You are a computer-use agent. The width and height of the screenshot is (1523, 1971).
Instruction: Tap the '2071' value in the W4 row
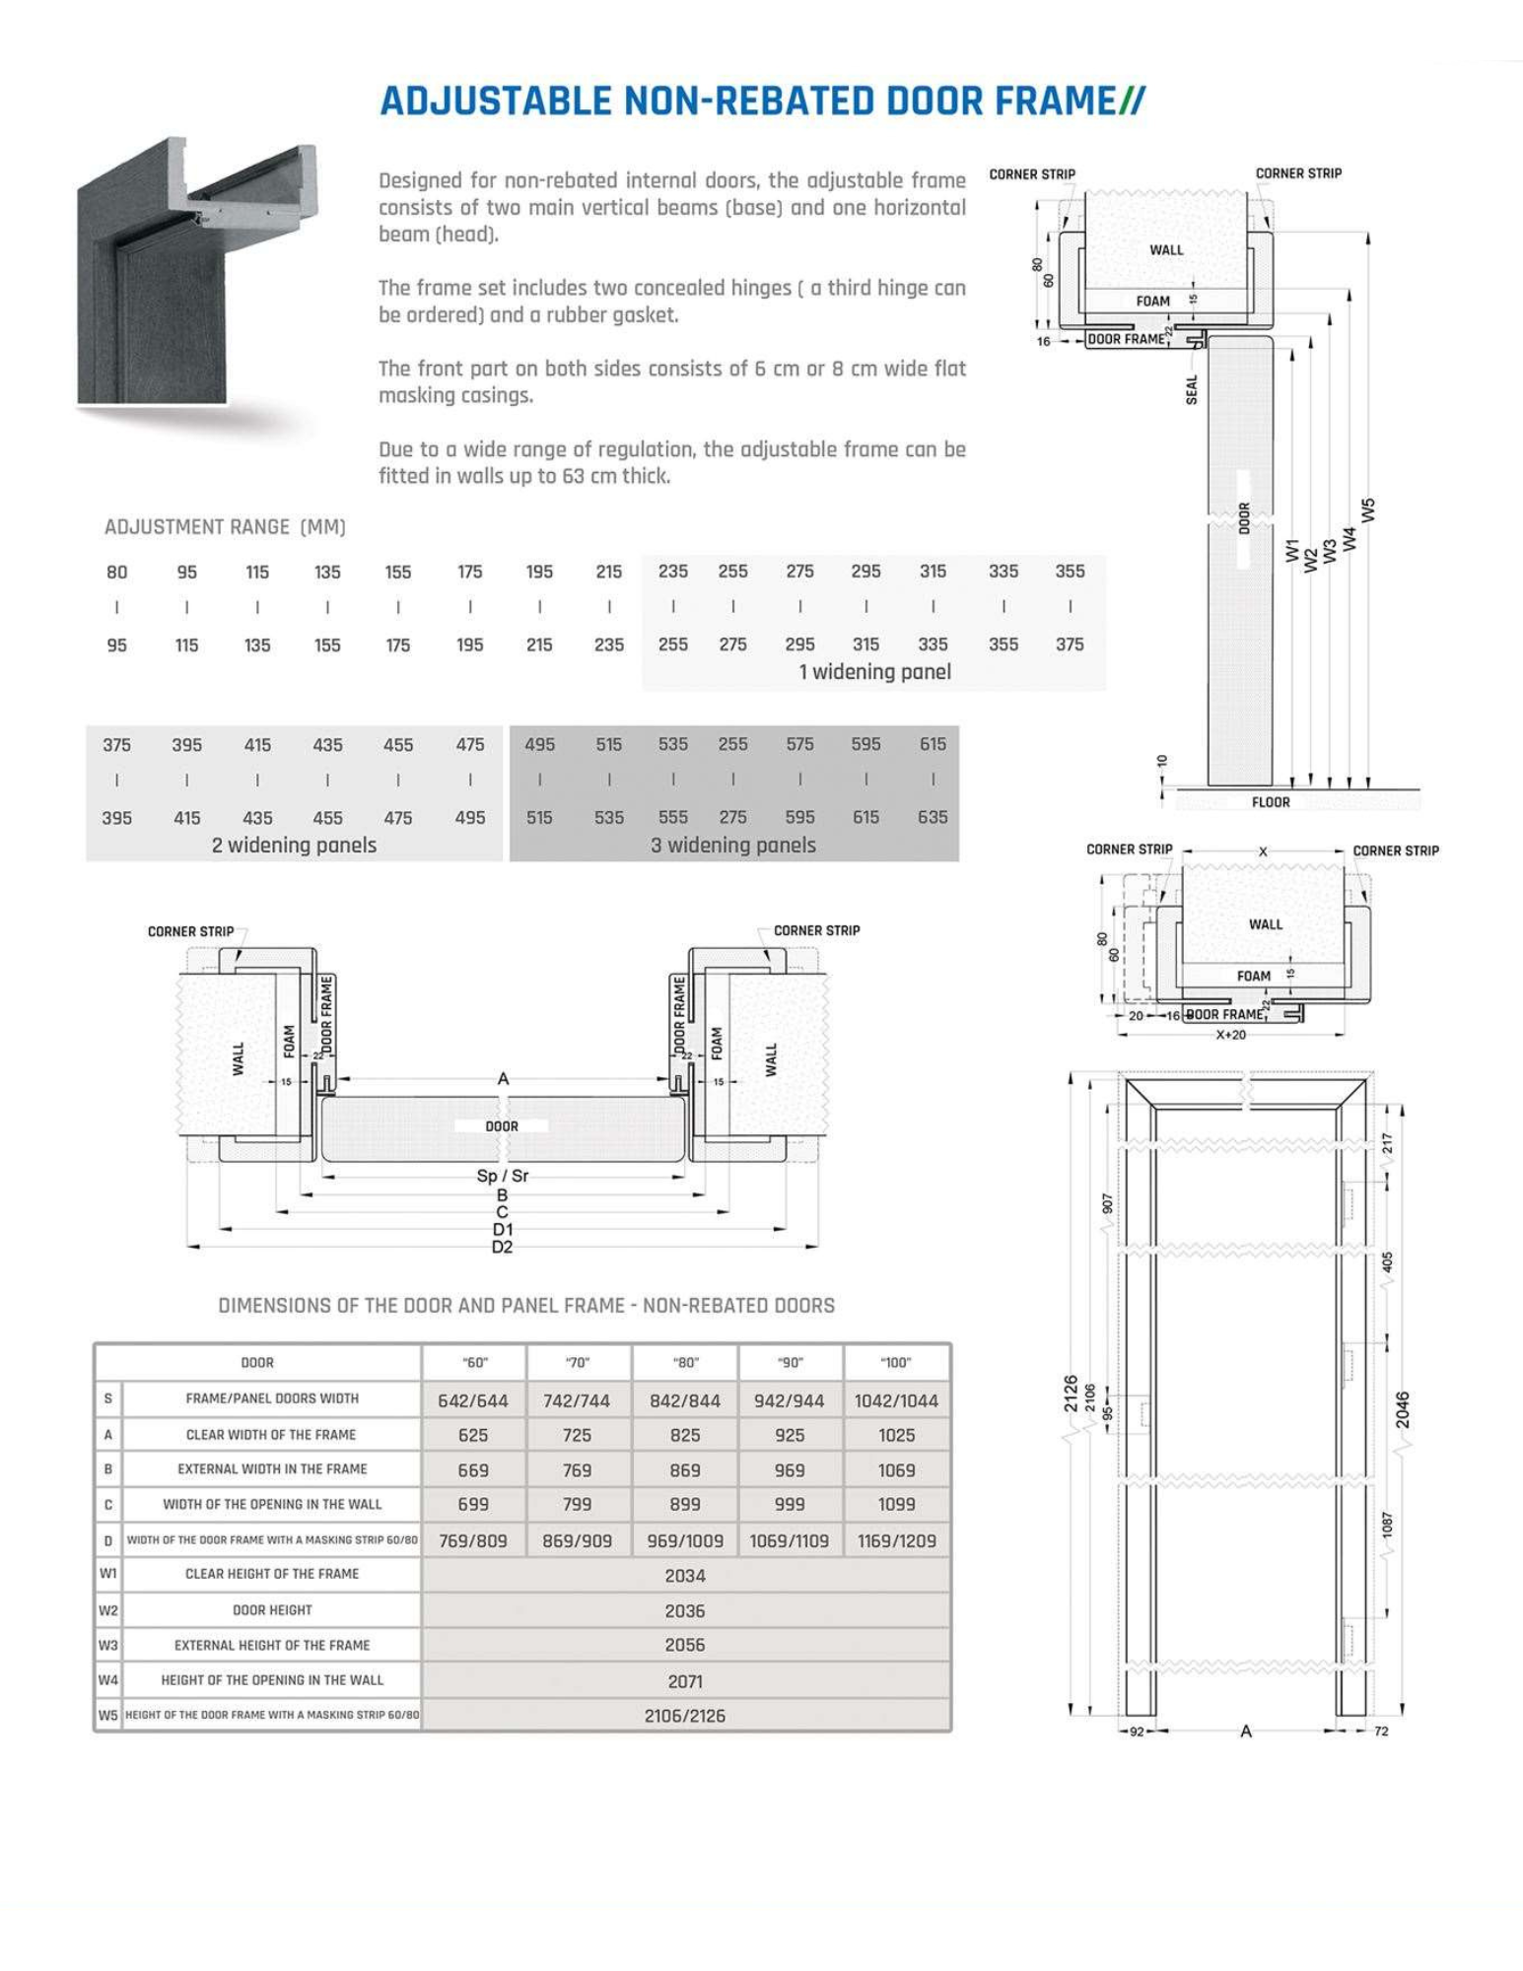pos(684,1681)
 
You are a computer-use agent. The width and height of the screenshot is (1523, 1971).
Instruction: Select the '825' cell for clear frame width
pos(684,1436)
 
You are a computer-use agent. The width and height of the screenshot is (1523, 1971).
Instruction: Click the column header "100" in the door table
pos(896,1363)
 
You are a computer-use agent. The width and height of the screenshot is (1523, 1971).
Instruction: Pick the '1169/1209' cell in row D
pos(896,1540)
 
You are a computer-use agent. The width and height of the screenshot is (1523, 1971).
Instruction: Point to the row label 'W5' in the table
pos(107,1716)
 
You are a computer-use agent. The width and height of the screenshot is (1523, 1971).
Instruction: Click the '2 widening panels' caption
pos(294,846)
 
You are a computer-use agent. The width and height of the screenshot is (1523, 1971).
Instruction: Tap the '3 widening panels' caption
pos(732,846)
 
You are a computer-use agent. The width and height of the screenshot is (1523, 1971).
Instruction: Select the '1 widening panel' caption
pos(874,672)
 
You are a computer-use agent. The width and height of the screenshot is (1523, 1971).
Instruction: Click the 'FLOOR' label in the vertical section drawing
pos(1271,802)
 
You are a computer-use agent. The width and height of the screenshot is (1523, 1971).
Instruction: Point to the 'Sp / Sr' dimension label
pos(503,1176)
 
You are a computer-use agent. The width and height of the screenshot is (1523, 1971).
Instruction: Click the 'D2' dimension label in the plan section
pos(503,1248)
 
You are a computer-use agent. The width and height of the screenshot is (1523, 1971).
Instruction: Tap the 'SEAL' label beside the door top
pos(1192,389)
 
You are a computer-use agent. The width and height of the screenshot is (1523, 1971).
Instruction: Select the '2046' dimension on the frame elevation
pos(1403,1409)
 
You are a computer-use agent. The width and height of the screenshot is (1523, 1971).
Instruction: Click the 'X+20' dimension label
pos(1230,1035)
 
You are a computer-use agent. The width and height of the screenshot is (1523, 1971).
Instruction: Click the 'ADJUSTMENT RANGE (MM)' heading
pos(225,527)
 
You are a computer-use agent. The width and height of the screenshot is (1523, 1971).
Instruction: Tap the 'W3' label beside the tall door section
pos(1330,551)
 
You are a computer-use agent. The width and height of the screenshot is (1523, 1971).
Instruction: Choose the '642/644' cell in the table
pos(473,1400)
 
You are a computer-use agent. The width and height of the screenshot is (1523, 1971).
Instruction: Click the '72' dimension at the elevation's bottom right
pos(1381,1732)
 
